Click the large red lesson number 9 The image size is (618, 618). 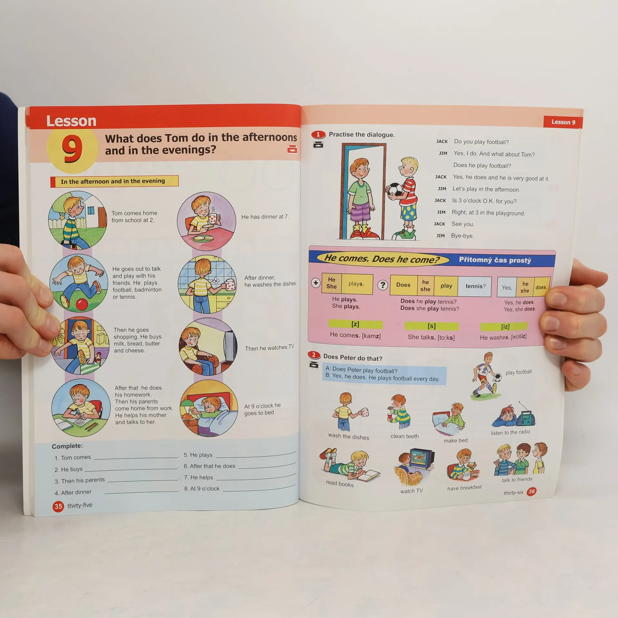pos(72,148)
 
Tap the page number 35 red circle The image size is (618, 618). pos(58,506)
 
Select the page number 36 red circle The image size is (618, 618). pos(531,492)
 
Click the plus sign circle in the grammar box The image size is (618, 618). pos(316,283)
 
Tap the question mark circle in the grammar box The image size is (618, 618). pos(382,285)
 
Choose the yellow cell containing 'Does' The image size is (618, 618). pos(403,285)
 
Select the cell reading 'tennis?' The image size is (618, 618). pos(475,286)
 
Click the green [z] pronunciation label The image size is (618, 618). pos(355,324)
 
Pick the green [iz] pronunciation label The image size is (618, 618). pos(504,327)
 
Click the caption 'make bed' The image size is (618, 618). pos(455,440)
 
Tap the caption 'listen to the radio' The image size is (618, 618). pos(510,432)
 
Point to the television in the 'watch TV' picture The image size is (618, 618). pos(422,459)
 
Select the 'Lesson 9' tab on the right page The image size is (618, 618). pos(563,122)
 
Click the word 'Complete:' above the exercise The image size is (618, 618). pos(67,446)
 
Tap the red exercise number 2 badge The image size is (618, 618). pos(314,355)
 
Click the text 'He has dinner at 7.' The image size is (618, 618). pos(265,217)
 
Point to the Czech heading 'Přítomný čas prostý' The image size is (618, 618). pos(495,260)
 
